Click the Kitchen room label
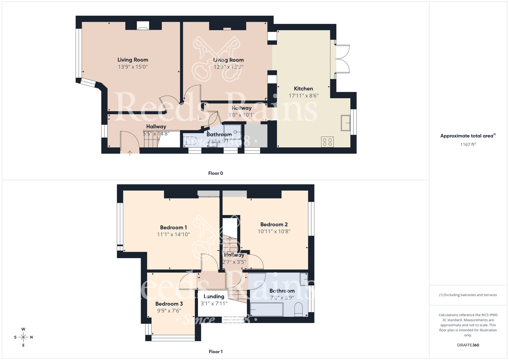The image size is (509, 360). pyautogui.click(x=303, y=89)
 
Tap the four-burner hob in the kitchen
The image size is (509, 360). pyautogui.click(x=327, y=142)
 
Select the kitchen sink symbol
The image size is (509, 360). pyautogui.click(x=345, y=123)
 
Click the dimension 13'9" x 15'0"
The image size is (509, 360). pyautogui.click(x=133, y=67)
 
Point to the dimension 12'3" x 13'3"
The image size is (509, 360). pyautogui.click(x=228, y=67)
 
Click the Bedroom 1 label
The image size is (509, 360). pyautogui.click(x=173, y=227)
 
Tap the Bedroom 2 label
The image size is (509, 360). pyautogui.click(x=274, y=224)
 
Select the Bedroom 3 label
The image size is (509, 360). pyautogui.click(x=169, y=304)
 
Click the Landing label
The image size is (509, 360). pyautogui.click(x=214, y=296)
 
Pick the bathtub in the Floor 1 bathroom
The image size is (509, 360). pyautogui.click(x=266, y=309)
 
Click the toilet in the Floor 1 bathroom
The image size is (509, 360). pyautogui.click(x=299, y=309)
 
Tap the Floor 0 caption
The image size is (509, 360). pyautogui.click(x=216, y=173)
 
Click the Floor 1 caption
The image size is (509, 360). pyautogui.click(x=216, y=352)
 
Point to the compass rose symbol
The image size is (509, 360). pyautogui.click(x=23, y=337)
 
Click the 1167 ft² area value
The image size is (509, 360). pyautogui.click(x=468, y=144)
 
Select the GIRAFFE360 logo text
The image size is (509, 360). pyautogui.click(x=468, y=345)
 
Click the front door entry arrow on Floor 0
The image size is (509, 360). pyautogui.click(x=130, y=153)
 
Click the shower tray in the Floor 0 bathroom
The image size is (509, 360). pyautogui.click(x=232, y=132)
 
